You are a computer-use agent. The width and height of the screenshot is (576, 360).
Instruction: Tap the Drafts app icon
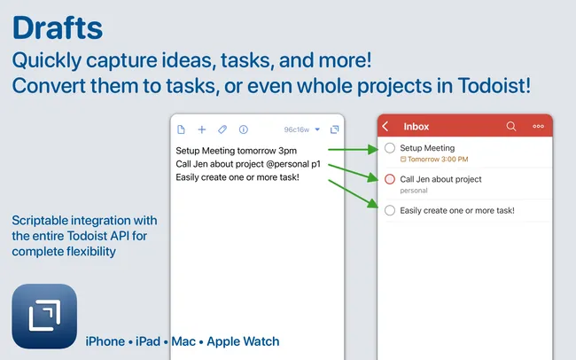[44, 316]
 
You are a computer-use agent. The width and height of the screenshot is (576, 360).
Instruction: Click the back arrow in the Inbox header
[385, 127]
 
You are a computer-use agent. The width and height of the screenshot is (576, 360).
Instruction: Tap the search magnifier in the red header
[511, 127]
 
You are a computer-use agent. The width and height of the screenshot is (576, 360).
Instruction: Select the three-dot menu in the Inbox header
[538, 127]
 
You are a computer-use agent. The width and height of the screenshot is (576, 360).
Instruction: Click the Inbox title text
[416, 127]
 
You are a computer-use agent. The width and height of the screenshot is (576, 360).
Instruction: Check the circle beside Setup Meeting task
[390, 149]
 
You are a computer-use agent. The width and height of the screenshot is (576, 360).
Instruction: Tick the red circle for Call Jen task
[390, 180]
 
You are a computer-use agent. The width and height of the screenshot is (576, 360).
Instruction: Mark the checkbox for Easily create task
[390, 210]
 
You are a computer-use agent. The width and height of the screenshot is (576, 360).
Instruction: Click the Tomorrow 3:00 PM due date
[437, 160]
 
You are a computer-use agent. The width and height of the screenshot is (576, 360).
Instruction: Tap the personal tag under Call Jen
[413, 190]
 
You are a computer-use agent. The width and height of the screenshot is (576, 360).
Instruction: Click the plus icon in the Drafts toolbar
[201, 129]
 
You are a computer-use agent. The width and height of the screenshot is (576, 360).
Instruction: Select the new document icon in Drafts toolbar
[182, 129]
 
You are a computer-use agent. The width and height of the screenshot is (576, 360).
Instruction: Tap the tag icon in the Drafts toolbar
[222, 129]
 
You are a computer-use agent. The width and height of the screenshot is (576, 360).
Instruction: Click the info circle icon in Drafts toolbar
[244, 129]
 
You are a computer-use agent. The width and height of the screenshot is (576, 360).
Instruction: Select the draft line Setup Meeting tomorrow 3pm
[236, 151]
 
